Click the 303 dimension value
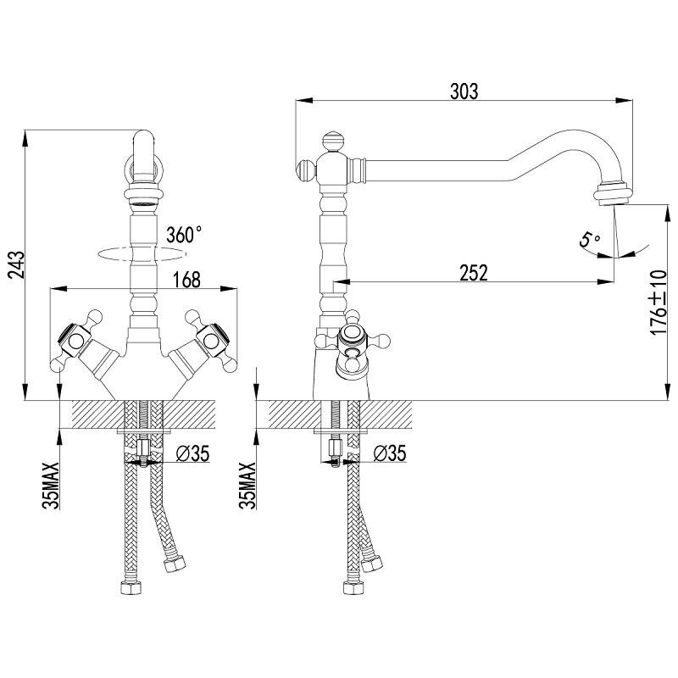(464, 92)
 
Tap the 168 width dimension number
(186, 280)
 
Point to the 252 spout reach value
(474, 273)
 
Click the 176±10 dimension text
(659, 303)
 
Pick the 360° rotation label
(184, 235)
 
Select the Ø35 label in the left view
(193, 453)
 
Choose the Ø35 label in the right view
(390, 453)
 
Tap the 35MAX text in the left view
(51, 486)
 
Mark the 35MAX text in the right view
(247, 486)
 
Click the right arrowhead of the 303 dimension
(624, 100)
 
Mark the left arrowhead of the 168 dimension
(58, 288)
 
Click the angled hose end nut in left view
(175, 564)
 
